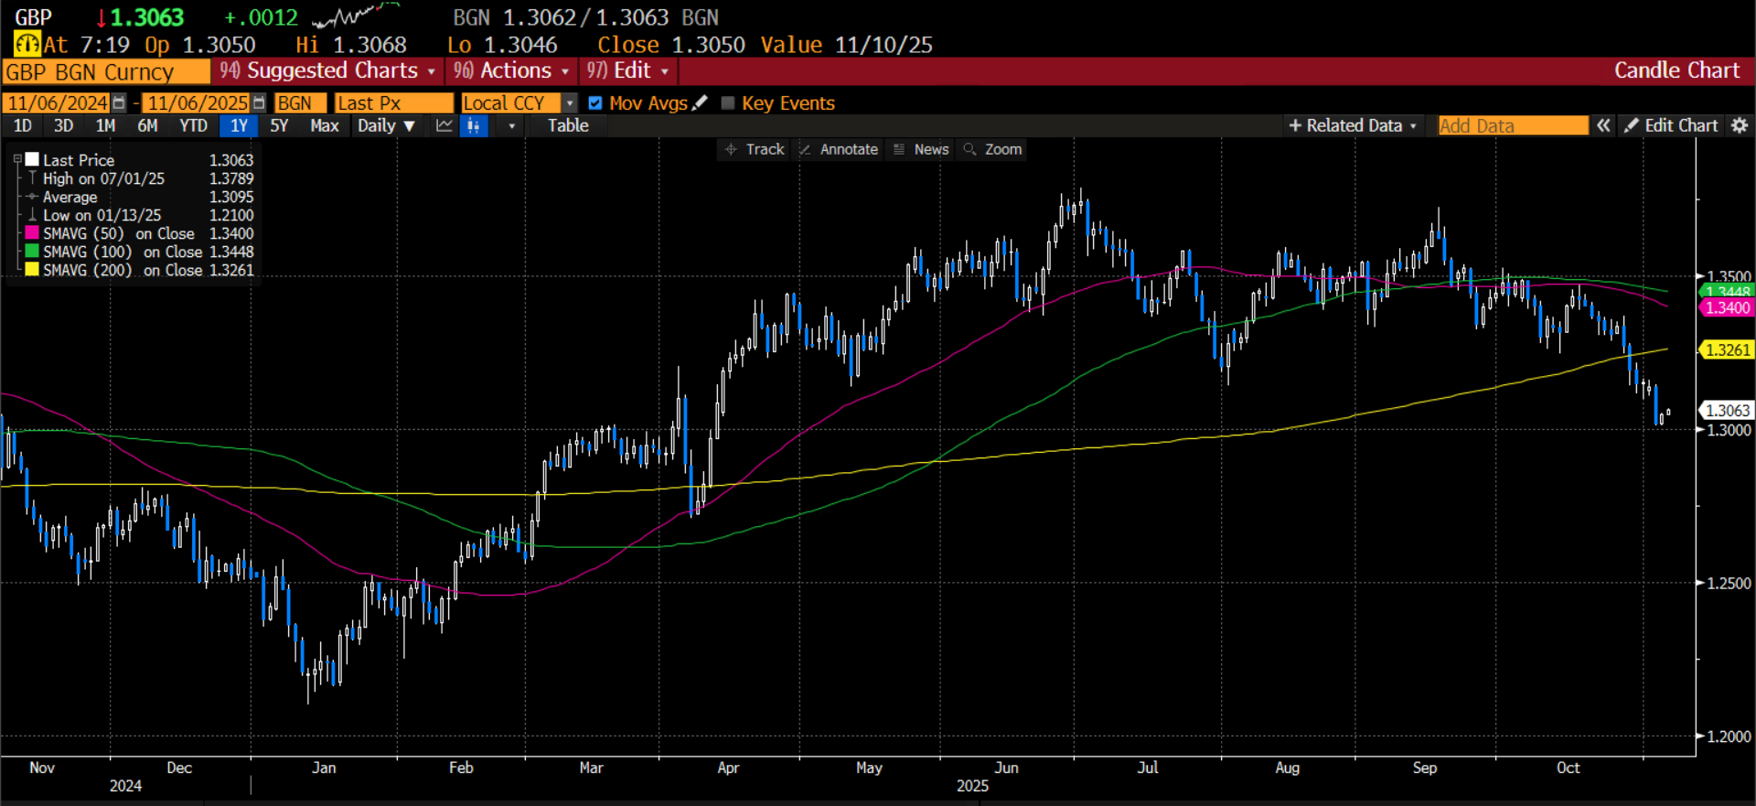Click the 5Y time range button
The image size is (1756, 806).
point(279,126)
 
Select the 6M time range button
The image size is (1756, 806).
point(147,126)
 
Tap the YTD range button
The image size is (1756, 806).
point(193,126)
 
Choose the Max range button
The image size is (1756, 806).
point(325,126)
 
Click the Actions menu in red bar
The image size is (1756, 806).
point(512,71)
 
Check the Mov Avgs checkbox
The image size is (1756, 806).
point(595,103)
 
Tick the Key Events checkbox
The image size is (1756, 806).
point(728,103)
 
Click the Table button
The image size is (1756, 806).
point(568,126)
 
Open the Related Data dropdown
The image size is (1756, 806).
point(1353,126)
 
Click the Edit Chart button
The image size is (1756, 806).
point(1672,126)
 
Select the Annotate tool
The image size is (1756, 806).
point(839,149)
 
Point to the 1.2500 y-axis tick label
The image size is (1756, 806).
point(1729,584)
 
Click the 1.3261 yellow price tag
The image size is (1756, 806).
point(1727,349)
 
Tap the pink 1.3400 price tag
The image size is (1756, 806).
point(1727,308)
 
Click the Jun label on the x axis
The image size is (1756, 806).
point(1006,768)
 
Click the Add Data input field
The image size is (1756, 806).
point(1513,126)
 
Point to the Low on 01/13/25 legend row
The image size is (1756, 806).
point(102,216)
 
